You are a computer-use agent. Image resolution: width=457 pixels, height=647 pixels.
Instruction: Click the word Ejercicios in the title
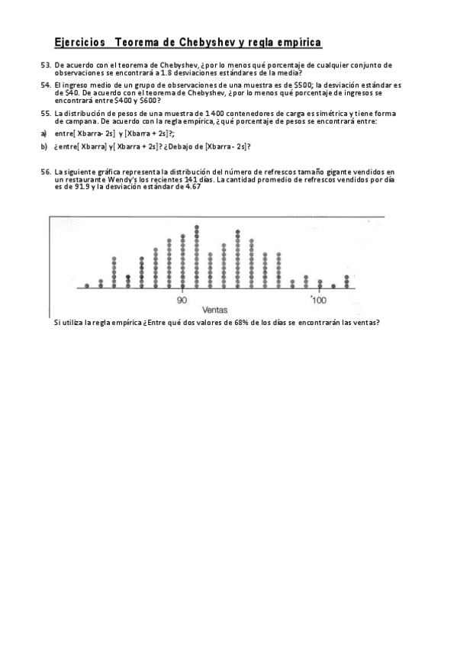point(80,43)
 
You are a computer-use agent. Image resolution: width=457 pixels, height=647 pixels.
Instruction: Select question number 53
point(46,66)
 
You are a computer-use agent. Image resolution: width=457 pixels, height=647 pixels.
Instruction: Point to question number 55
point(46,113)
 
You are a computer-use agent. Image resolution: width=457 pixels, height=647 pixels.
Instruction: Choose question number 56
point(46,172)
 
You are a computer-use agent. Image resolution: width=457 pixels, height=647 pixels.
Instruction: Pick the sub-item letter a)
point(44,133)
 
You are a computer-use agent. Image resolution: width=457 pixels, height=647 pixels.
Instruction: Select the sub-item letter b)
point(44,146)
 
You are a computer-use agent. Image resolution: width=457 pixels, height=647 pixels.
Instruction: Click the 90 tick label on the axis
point(182,300)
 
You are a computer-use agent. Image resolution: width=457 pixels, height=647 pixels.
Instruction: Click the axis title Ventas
point(217,310)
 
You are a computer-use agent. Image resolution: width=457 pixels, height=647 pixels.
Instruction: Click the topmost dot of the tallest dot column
point(197,227)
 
